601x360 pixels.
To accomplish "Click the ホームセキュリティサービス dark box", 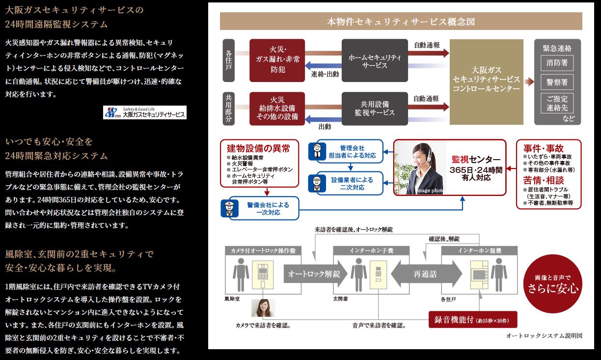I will pyautogui.click(x=375, y=61).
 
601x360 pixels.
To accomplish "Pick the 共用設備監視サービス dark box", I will pyautogui.click(x=375, y=108).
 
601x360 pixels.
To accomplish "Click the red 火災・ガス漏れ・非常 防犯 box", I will pyautogui.click(x=277, y=61).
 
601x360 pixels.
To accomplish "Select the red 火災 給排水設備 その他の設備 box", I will pyautogui.click(x=277, y=108).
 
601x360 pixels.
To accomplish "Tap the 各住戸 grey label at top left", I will pyautogui.click(x=229, y=60).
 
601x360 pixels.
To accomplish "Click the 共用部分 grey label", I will pyautogui.click(x=229, y=108).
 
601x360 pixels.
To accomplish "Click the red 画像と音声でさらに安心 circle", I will pyautogui.click(x=553, y=284).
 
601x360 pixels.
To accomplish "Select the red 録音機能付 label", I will pyautogui.click(x=473, y=320).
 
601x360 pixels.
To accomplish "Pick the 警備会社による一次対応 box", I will pyautogui.click(x=260, y=208).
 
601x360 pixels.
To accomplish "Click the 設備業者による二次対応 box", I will pyautogui.click(x=346, y=183).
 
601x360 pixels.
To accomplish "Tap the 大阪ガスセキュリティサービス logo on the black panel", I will pyautogui.click(x=145, y=112).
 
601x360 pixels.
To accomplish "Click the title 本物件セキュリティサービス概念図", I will pyautogui.click(x=401, y=22).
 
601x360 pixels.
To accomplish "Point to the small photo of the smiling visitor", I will pyautogui.click(x=263, y=307).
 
